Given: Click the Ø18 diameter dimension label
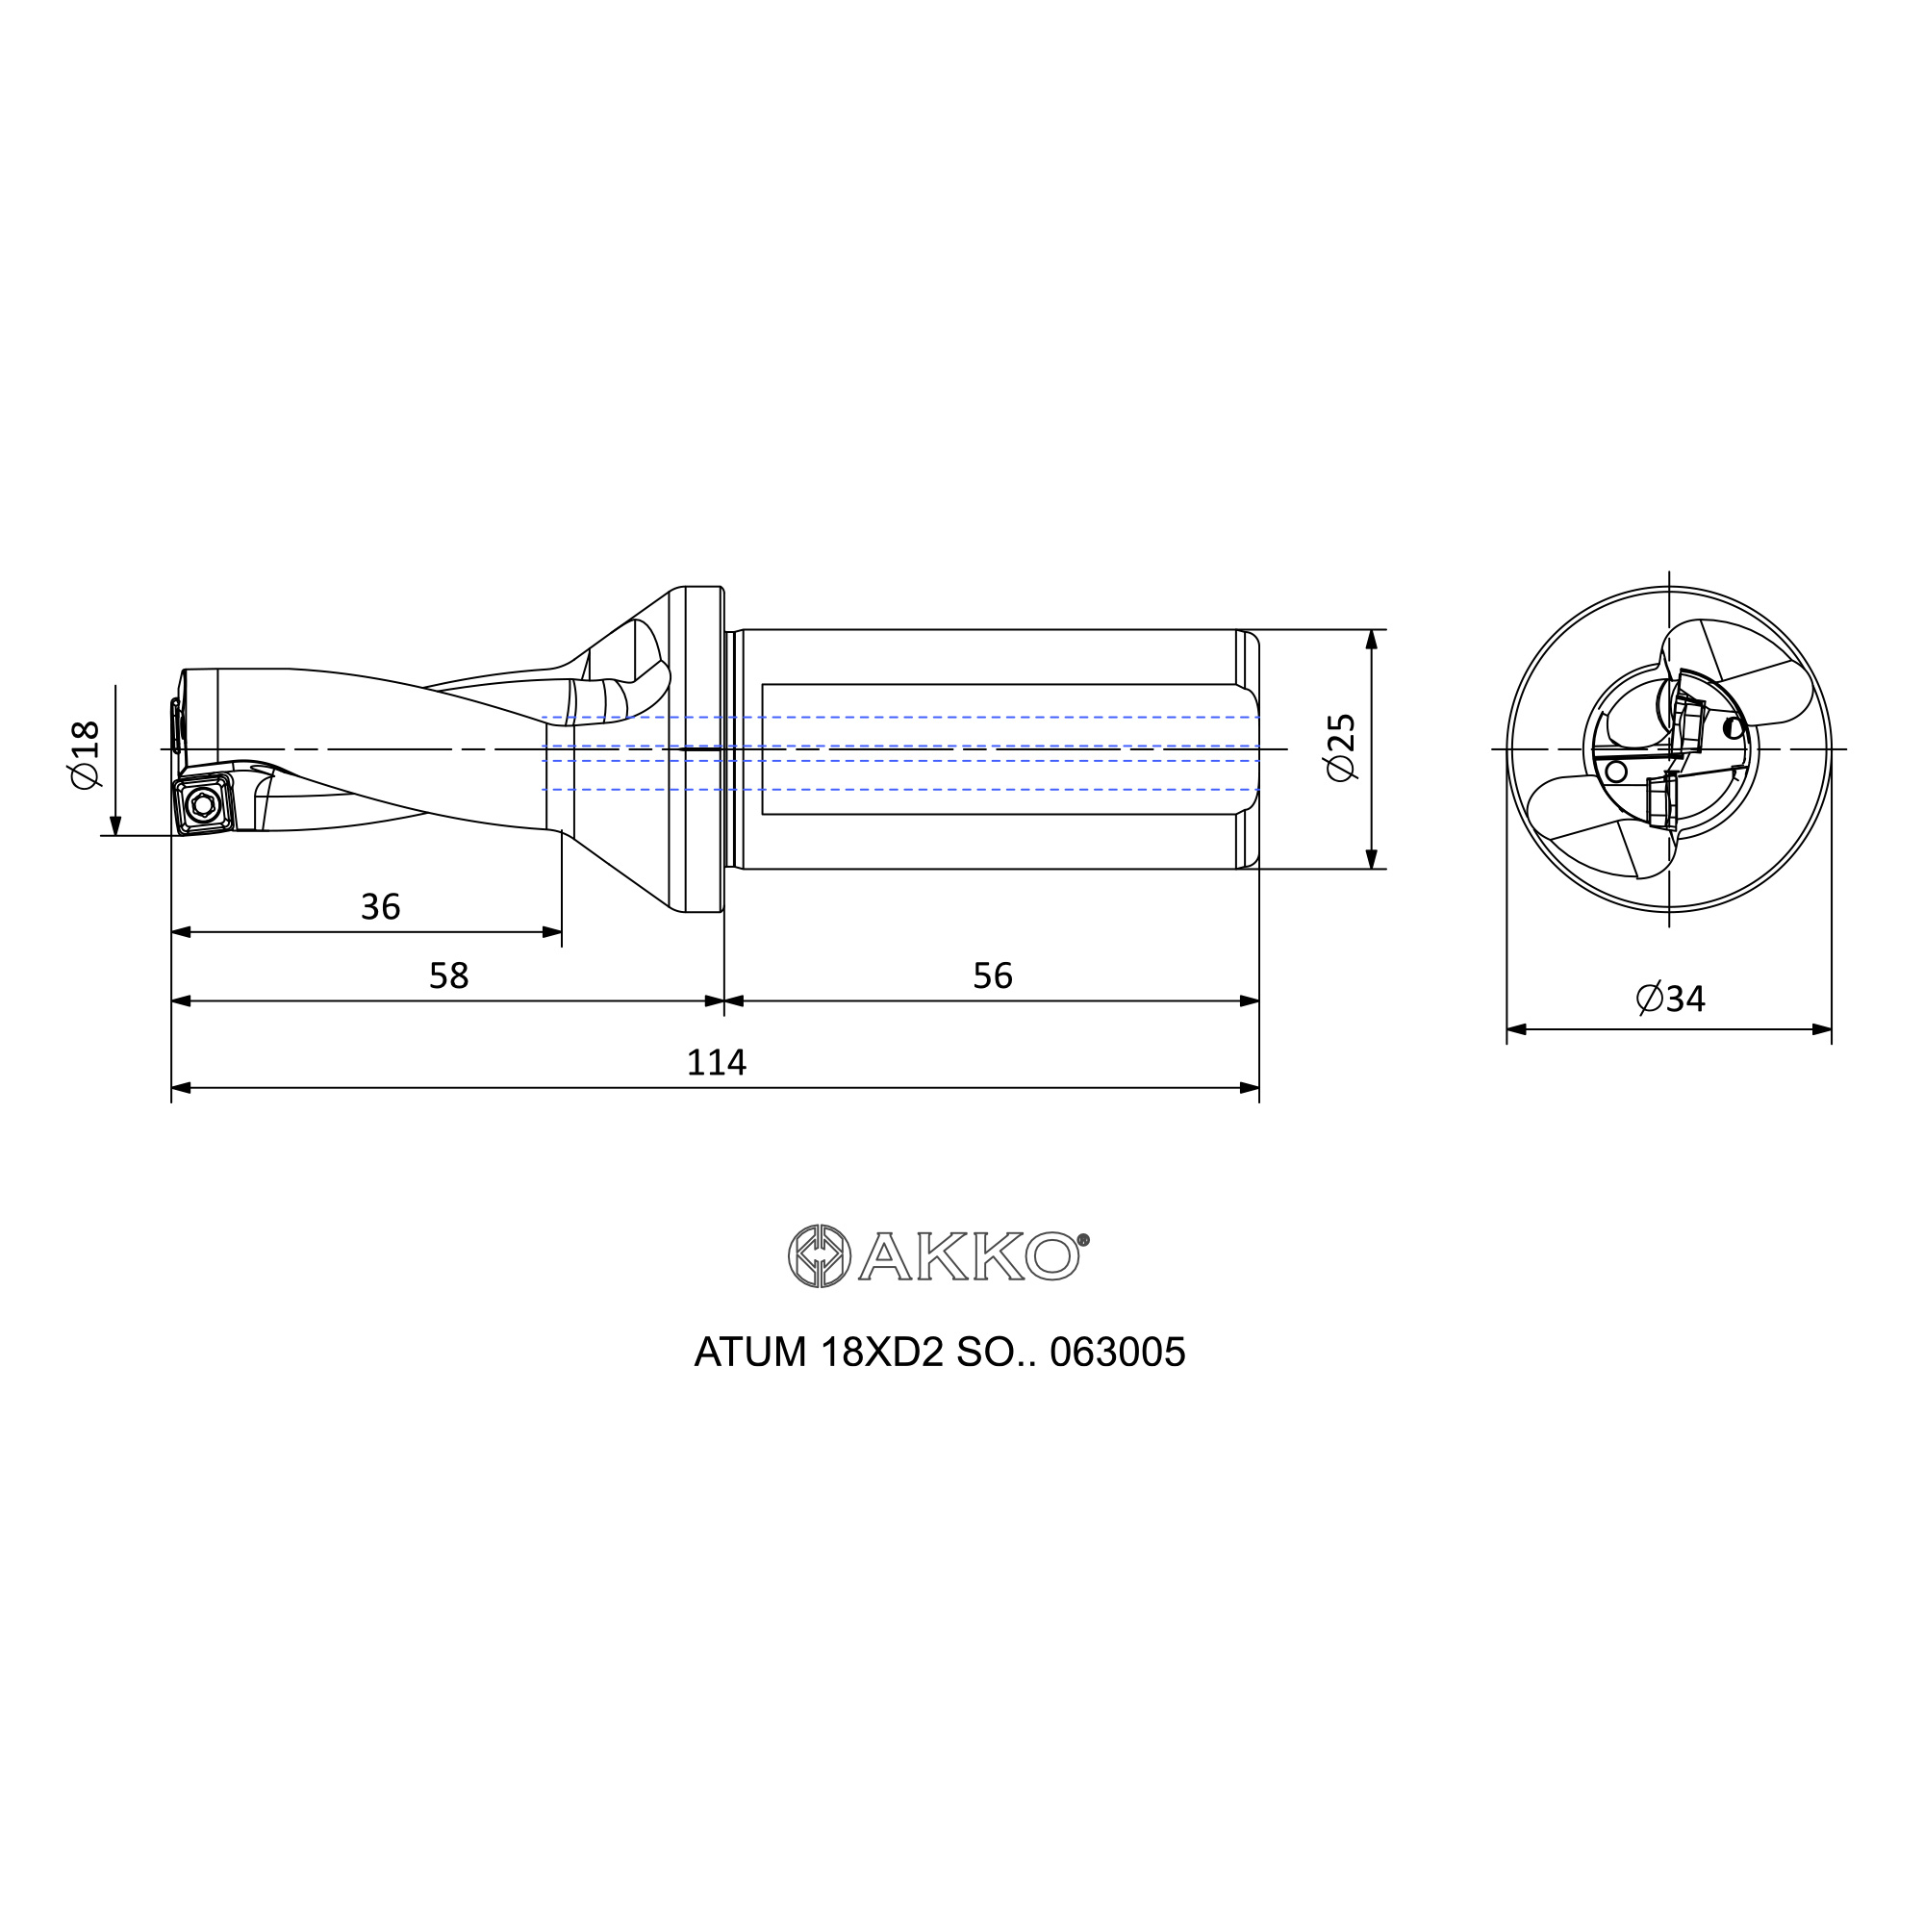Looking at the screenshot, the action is (86, 755).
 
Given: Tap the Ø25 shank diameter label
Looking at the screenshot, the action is (1341, 747).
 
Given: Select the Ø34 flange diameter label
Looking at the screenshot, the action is (1670, 998).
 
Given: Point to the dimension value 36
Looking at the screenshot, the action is (380, 906).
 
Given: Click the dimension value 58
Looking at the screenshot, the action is (448, 975).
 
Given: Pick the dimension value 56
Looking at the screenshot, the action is (992, 975).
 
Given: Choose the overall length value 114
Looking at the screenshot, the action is (716, 1063).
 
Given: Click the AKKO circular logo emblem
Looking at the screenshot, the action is (819, 1256).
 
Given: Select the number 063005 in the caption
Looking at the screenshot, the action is (1117, 1353).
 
